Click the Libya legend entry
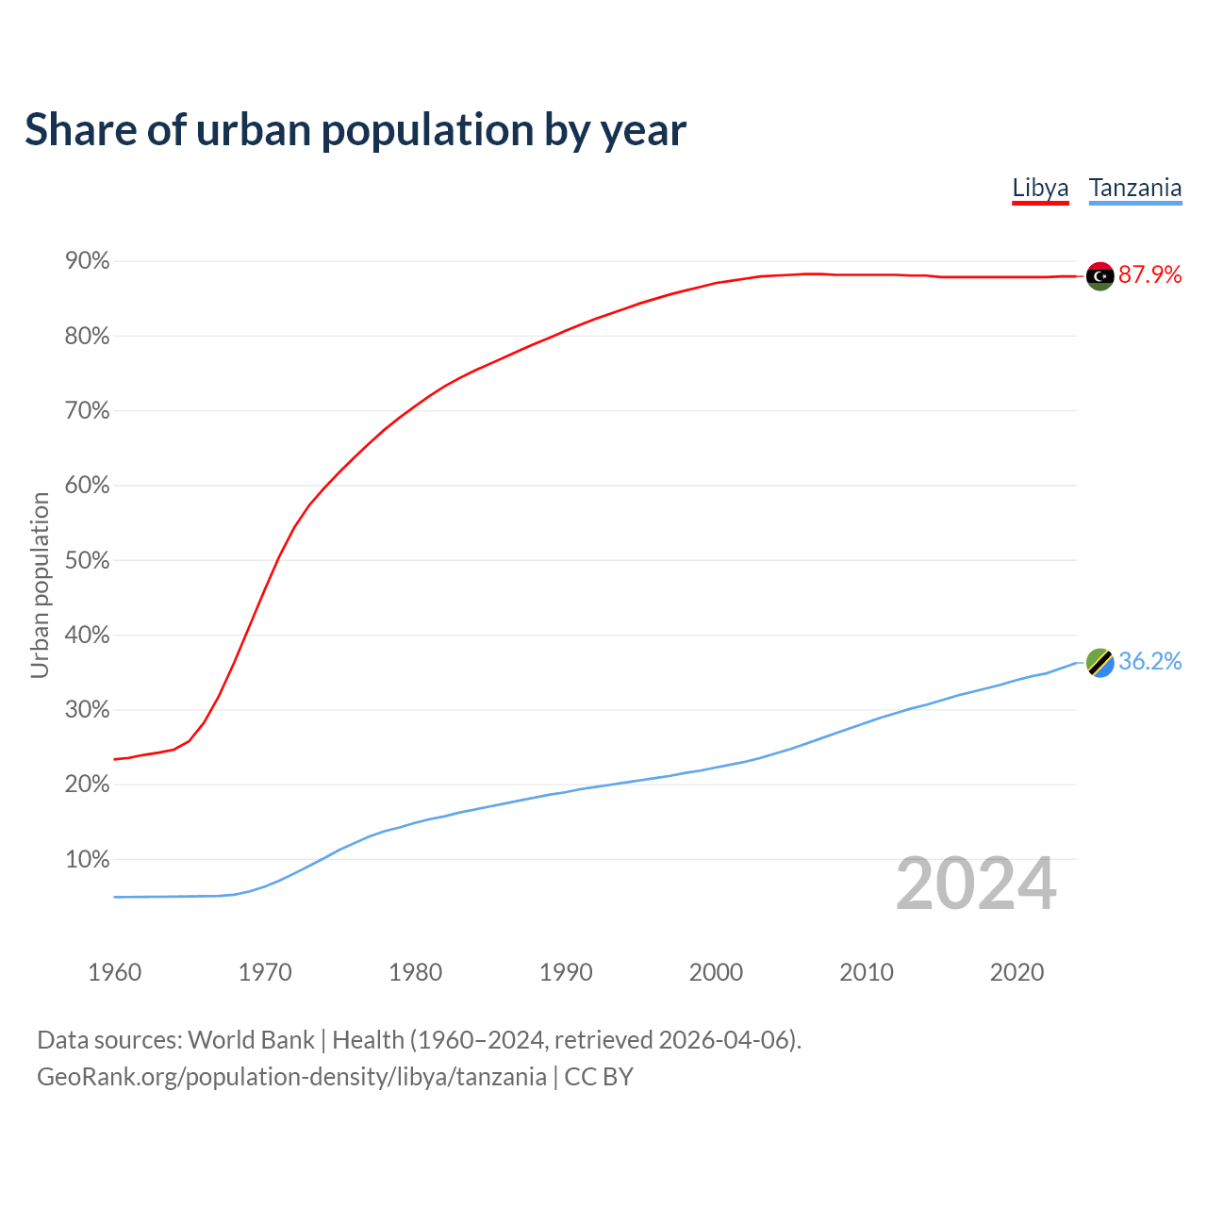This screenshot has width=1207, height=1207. pos(1040,188)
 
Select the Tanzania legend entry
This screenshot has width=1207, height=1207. pos(1134,188)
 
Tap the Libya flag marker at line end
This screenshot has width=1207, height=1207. pos(1100,275)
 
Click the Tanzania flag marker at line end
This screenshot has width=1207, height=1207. pos(1100,662)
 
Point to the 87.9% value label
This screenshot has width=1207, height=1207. pos(1149,274)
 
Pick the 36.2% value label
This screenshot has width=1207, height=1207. pos(1149,661)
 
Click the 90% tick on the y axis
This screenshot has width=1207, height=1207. pos(87,261)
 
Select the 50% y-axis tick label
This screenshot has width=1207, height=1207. pos(87,560)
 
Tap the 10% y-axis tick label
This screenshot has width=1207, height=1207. pos(87,859)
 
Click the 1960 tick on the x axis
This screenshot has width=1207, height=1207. pos(114,972)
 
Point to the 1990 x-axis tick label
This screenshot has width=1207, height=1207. pos(566,972)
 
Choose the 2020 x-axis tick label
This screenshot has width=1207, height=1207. pos(1017,972)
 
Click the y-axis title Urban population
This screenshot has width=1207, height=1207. pos(40,585)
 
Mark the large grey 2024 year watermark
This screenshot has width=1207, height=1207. pos(976,884)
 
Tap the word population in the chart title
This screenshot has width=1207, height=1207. pos(427,129)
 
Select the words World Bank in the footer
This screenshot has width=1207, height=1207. pos(251,1039)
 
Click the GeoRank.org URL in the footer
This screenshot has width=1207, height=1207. pos(291,1076)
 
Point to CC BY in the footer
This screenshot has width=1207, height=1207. pos(599,1076)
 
